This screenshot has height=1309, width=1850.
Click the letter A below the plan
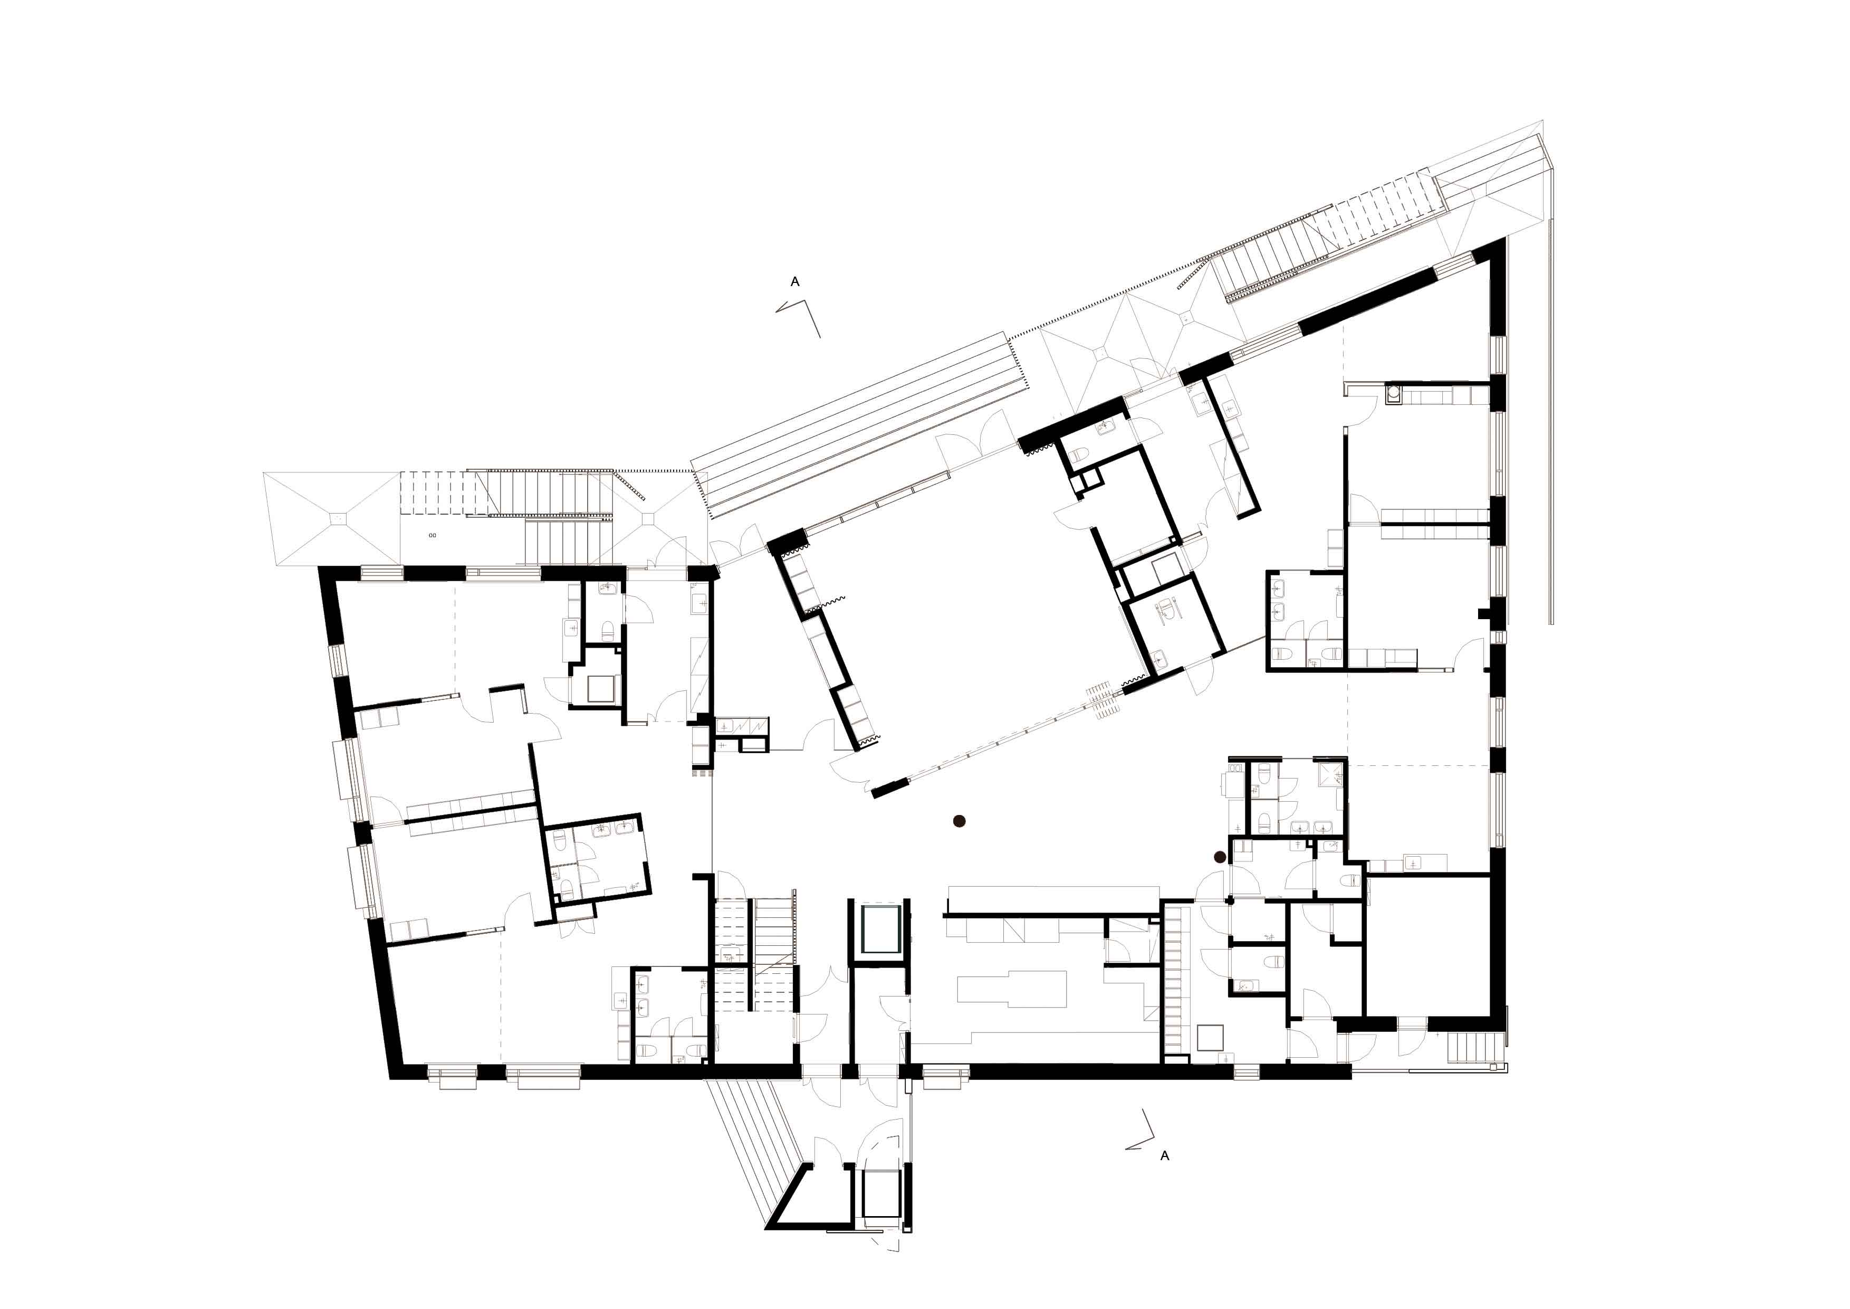pos(1164,1156)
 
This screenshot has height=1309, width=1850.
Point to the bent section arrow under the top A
pos(799,318)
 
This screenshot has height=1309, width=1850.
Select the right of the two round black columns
pos(1221,857)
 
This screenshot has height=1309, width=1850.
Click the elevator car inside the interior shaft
pos(880,929)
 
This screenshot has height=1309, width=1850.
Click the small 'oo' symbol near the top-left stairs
pos(433,535)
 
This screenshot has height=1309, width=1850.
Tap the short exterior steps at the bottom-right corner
pos(1468,1049)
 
